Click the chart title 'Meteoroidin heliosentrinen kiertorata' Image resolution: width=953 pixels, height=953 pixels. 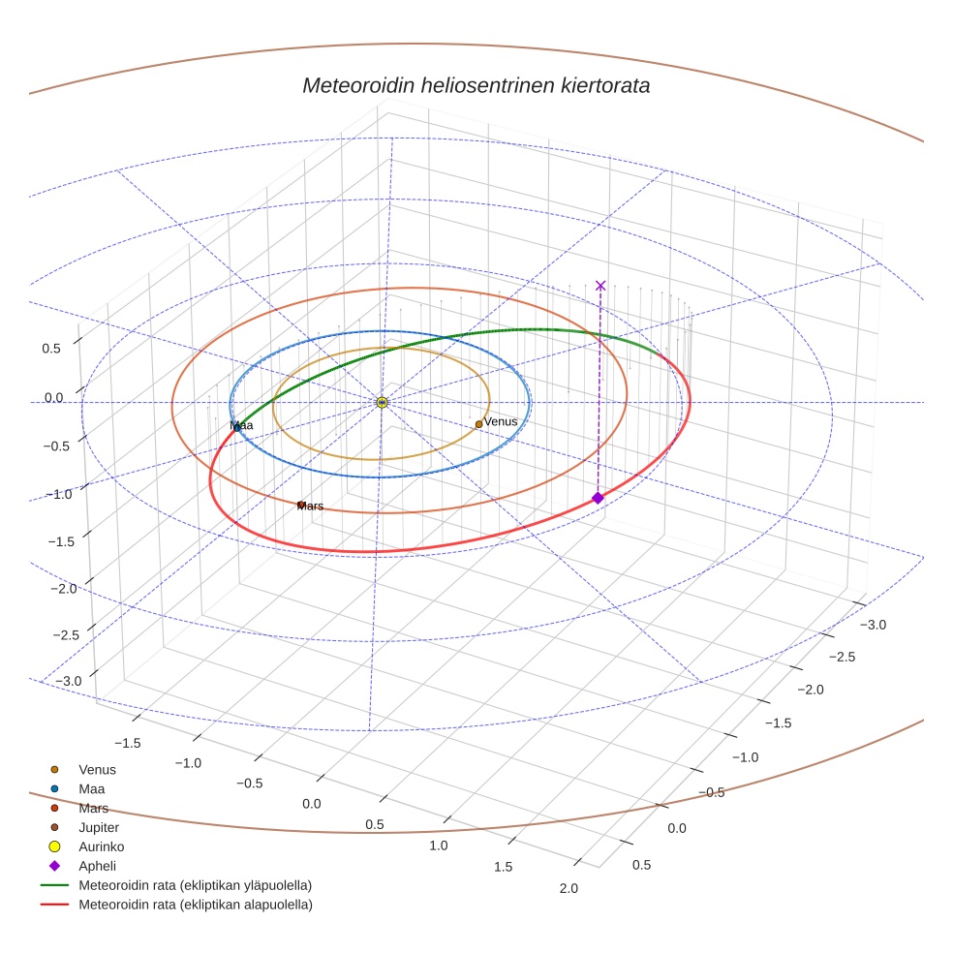pyautogui.click(x=476, y=85)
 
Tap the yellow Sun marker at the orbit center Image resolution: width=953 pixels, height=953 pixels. pyautogui.click(x=382, y=402)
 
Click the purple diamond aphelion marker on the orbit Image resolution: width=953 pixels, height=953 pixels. pyautogui.click(x=598, y=498)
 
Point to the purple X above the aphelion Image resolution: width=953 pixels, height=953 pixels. pyautogui.click(x=600, y=285)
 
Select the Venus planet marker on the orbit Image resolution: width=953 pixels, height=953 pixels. pyautogui.click(x=478, y=424)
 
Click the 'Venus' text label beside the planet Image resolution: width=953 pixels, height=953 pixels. pyautogui.click(x=501, y=421)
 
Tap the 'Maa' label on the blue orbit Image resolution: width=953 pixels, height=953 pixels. pyautogui.click(x=242, y=426)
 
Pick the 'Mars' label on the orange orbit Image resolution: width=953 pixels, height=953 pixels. pyautogui.click(x=311, y=507)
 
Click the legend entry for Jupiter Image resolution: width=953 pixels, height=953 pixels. pyautogui.click(x=98, y=827)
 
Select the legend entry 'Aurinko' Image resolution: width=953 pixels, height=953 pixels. pyautogui.click(x=101, y=846)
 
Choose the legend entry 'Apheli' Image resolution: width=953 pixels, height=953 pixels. pyautogui.click(x=97, y=866)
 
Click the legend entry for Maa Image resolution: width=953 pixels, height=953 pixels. pyautogui.click(x=91, y=788)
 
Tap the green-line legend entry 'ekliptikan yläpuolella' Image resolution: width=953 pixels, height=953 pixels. pyautogui.click(x=195, y=885)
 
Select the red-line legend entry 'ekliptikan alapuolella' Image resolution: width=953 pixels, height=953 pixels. pyautogui.click(x=195, y=905)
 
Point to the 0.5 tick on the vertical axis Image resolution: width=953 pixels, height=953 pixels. pyautogui.click(x=51, y=348)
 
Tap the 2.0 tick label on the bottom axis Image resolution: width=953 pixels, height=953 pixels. pyautogui.click(x=569, y=889)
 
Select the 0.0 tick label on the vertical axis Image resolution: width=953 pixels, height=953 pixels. pyautogui.click(x=53, y=397)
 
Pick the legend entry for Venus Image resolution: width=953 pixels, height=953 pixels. pyautogui.click(x=97, y=769)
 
